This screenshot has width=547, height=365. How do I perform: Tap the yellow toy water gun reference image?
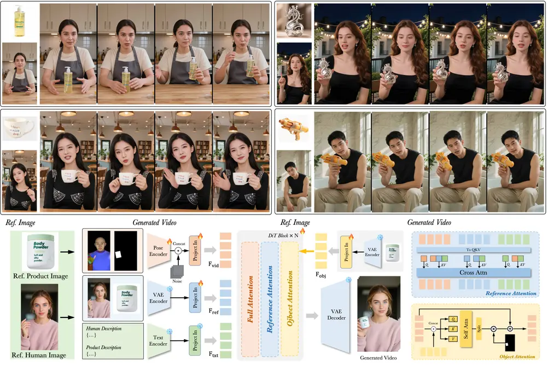pyautogui.click(x=294, y=130)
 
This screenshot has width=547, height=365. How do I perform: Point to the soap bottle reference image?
pyautogui.click(x=19, y=22)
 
